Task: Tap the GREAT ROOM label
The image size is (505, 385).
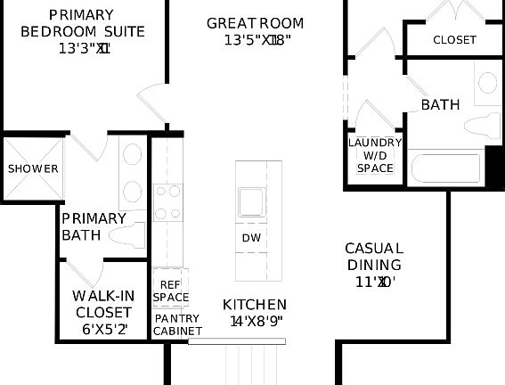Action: click(x=255, y=23)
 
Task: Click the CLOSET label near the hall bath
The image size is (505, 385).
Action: click(x=454, y=40)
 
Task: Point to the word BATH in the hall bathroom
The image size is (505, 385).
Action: click(x=440, y=105)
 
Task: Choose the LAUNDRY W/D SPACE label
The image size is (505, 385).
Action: click(x=375, y=155)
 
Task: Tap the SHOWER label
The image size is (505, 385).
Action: click(x=33, y=168)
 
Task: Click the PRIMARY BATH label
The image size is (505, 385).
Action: click(x=93, y=226)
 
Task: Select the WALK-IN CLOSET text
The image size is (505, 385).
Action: click(x=103, y=304)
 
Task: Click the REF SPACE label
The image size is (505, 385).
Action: click(x=170, y=291)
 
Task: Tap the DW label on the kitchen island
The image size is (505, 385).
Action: click(x=250, y=238)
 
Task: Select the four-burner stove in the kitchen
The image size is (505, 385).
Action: click(x=167, y=202)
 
